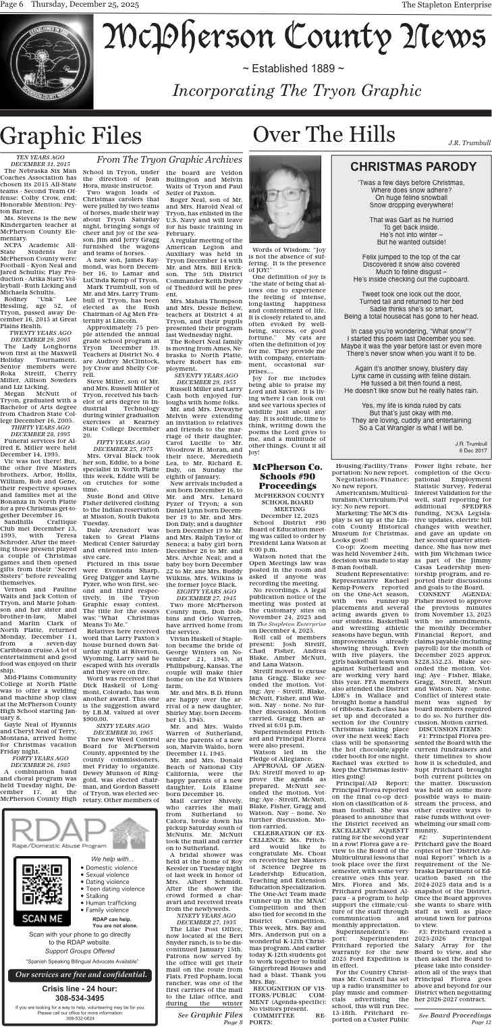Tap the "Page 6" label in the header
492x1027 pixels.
[13, 5]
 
